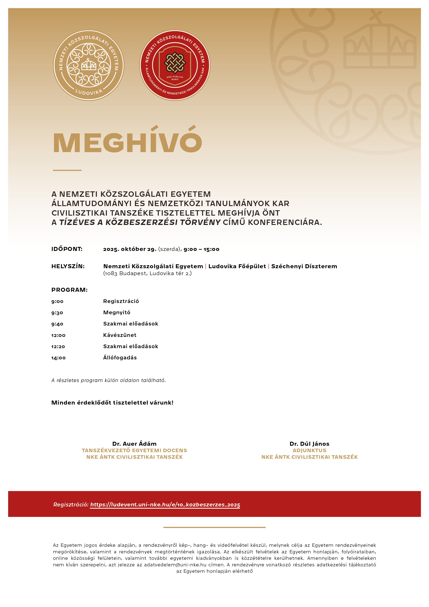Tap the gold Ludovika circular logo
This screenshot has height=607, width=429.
tap(89, 65)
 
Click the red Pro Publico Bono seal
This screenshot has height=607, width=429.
tap(175, 65)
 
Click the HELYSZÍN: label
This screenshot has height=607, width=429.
tap(68, 266)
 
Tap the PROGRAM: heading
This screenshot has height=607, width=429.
tap(69, 290)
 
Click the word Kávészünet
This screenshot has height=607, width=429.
tap(120, 335)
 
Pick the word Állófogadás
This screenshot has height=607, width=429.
tap(120, 358)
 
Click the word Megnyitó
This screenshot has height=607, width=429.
tap(117, 312)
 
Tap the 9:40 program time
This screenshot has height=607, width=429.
tap(57, 324)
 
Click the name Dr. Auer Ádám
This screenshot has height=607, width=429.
tap(134, 444)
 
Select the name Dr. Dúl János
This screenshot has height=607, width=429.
tap(309, 444)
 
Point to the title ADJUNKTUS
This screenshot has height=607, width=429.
tap(309, 450)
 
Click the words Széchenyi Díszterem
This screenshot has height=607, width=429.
tap(304, 266)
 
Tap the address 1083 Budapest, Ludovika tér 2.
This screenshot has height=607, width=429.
tap(147, 273)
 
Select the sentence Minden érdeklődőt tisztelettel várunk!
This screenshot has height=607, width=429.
tap(112, 403)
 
